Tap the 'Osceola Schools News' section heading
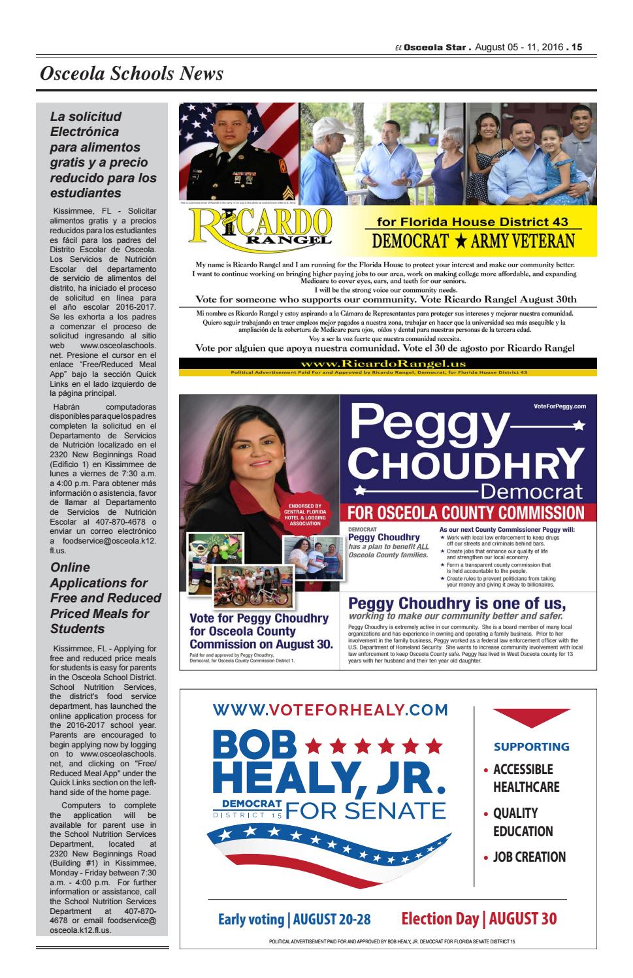coord(131,74)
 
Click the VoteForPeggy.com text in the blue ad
coord(560,406)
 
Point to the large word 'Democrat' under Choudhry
coord(530,491)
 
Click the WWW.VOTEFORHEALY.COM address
coord(331,709)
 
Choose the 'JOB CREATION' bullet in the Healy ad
coord(528,856)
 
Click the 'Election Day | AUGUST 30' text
coord(479,919)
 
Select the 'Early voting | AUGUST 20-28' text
coord(294,920)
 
